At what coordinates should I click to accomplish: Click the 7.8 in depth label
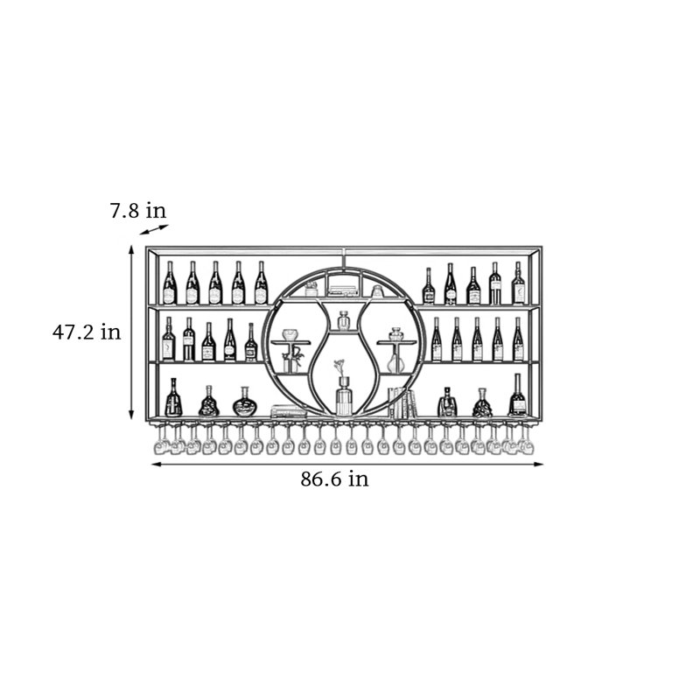(x=138, y=210)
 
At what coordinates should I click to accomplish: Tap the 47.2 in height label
(x=87, y=332)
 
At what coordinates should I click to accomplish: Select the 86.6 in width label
(x=335, y=479)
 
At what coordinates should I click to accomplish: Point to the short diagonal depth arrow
(x=154, y=229)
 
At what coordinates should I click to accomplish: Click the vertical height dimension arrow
(x=131, y=332)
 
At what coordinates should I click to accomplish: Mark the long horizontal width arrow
(x=347, y=465)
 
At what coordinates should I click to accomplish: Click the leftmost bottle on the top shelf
(x=170, y=283)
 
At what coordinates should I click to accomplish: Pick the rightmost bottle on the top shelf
(x=518, y=283)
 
